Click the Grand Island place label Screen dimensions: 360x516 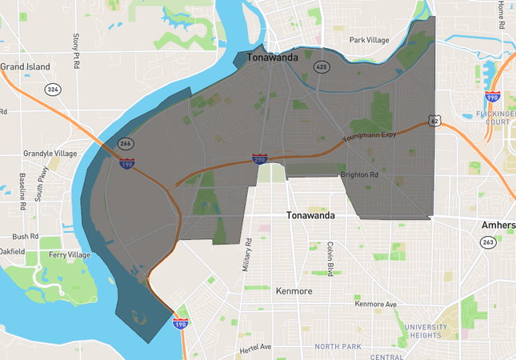[x=26, y=66]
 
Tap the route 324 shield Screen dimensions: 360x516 [x=53, y=89]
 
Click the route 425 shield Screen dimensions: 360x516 [x=322, y=67]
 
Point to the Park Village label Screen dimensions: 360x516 [x=368, y=39]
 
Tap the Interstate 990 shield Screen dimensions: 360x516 [x=492, y=98]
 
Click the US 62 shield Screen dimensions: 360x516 [x=434, y=121]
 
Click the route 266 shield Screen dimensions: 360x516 [x=126, y=144]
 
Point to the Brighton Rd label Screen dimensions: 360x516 [x=359, y=174]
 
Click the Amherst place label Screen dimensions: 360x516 [x=498, y=225]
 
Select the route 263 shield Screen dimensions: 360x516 [x=488, y=242]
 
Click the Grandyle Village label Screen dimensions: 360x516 [x=50, y=153]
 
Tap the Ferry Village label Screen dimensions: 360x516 [x=69, y=254]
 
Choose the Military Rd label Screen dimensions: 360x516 [x=249, y=254]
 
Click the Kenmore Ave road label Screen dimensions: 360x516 [x=376, y=304]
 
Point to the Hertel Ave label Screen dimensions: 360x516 [x=254, y=346]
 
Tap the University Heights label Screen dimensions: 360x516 [x=432, y=331]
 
